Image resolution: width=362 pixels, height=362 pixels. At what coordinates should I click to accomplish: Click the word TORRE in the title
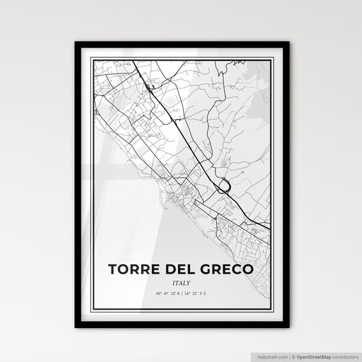(133, 270)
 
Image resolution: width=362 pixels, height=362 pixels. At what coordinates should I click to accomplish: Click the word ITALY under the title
(181, 283)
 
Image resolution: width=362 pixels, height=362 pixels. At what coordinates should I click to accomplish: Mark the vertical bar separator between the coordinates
(181, 294)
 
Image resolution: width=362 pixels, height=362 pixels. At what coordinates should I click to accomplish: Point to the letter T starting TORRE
(112, 270)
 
